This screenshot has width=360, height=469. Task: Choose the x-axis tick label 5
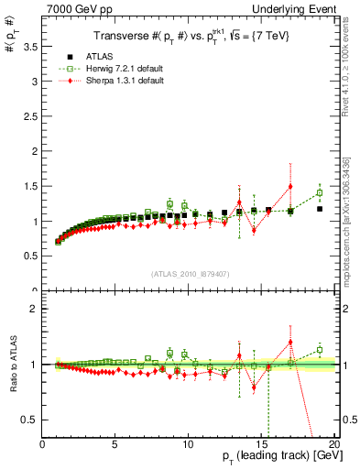point(115,444)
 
